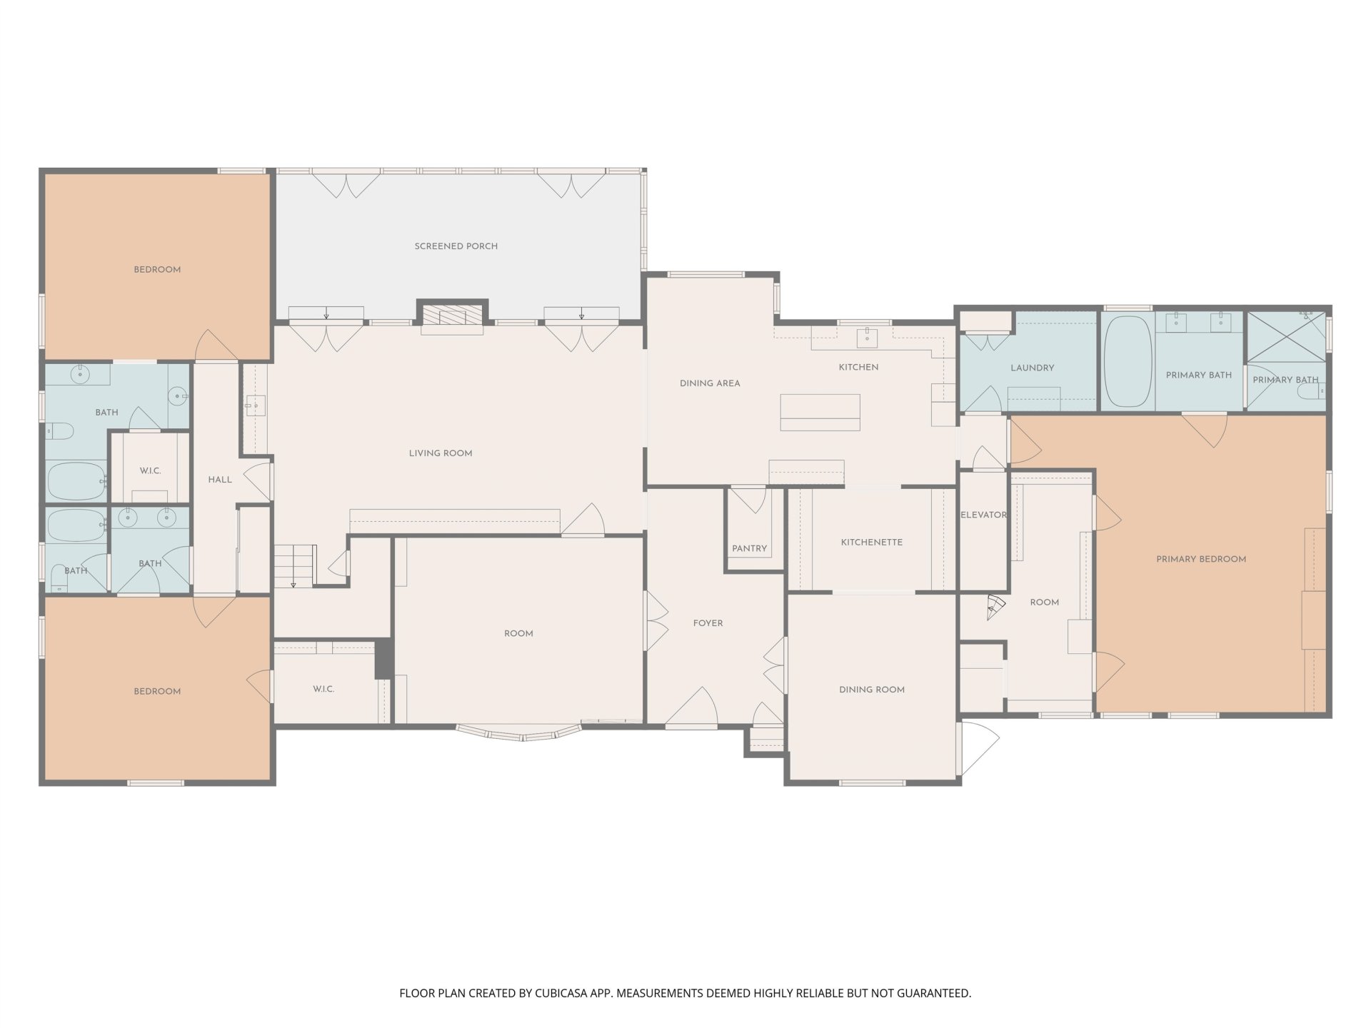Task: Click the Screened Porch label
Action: [x=456, y=246]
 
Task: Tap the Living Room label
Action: [x=441, y=453]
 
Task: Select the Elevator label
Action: [x=983, y=515]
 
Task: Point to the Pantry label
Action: [x=749, y=549]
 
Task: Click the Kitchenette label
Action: [x=872, y=543]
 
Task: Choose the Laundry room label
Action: [x=1033, y=368]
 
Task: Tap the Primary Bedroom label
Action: [x=1201, y=560]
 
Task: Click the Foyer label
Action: [x=708, y=624]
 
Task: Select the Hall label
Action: [x=220, y=480]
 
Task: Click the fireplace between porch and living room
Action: [x=452, y=317]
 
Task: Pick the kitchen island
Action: [x=820, y=413]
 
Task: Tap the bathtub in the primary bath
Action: [x=1128, y=361]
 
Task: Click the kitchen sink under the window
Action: [x=867, y=337]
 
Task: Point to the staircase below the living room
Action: [x=294, y=565]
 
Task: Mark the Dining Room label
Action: [x=872, y=690]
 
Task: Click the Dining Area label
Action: [x=710, y=383]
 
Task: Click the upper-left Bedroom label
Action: [x=157, y=270]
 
